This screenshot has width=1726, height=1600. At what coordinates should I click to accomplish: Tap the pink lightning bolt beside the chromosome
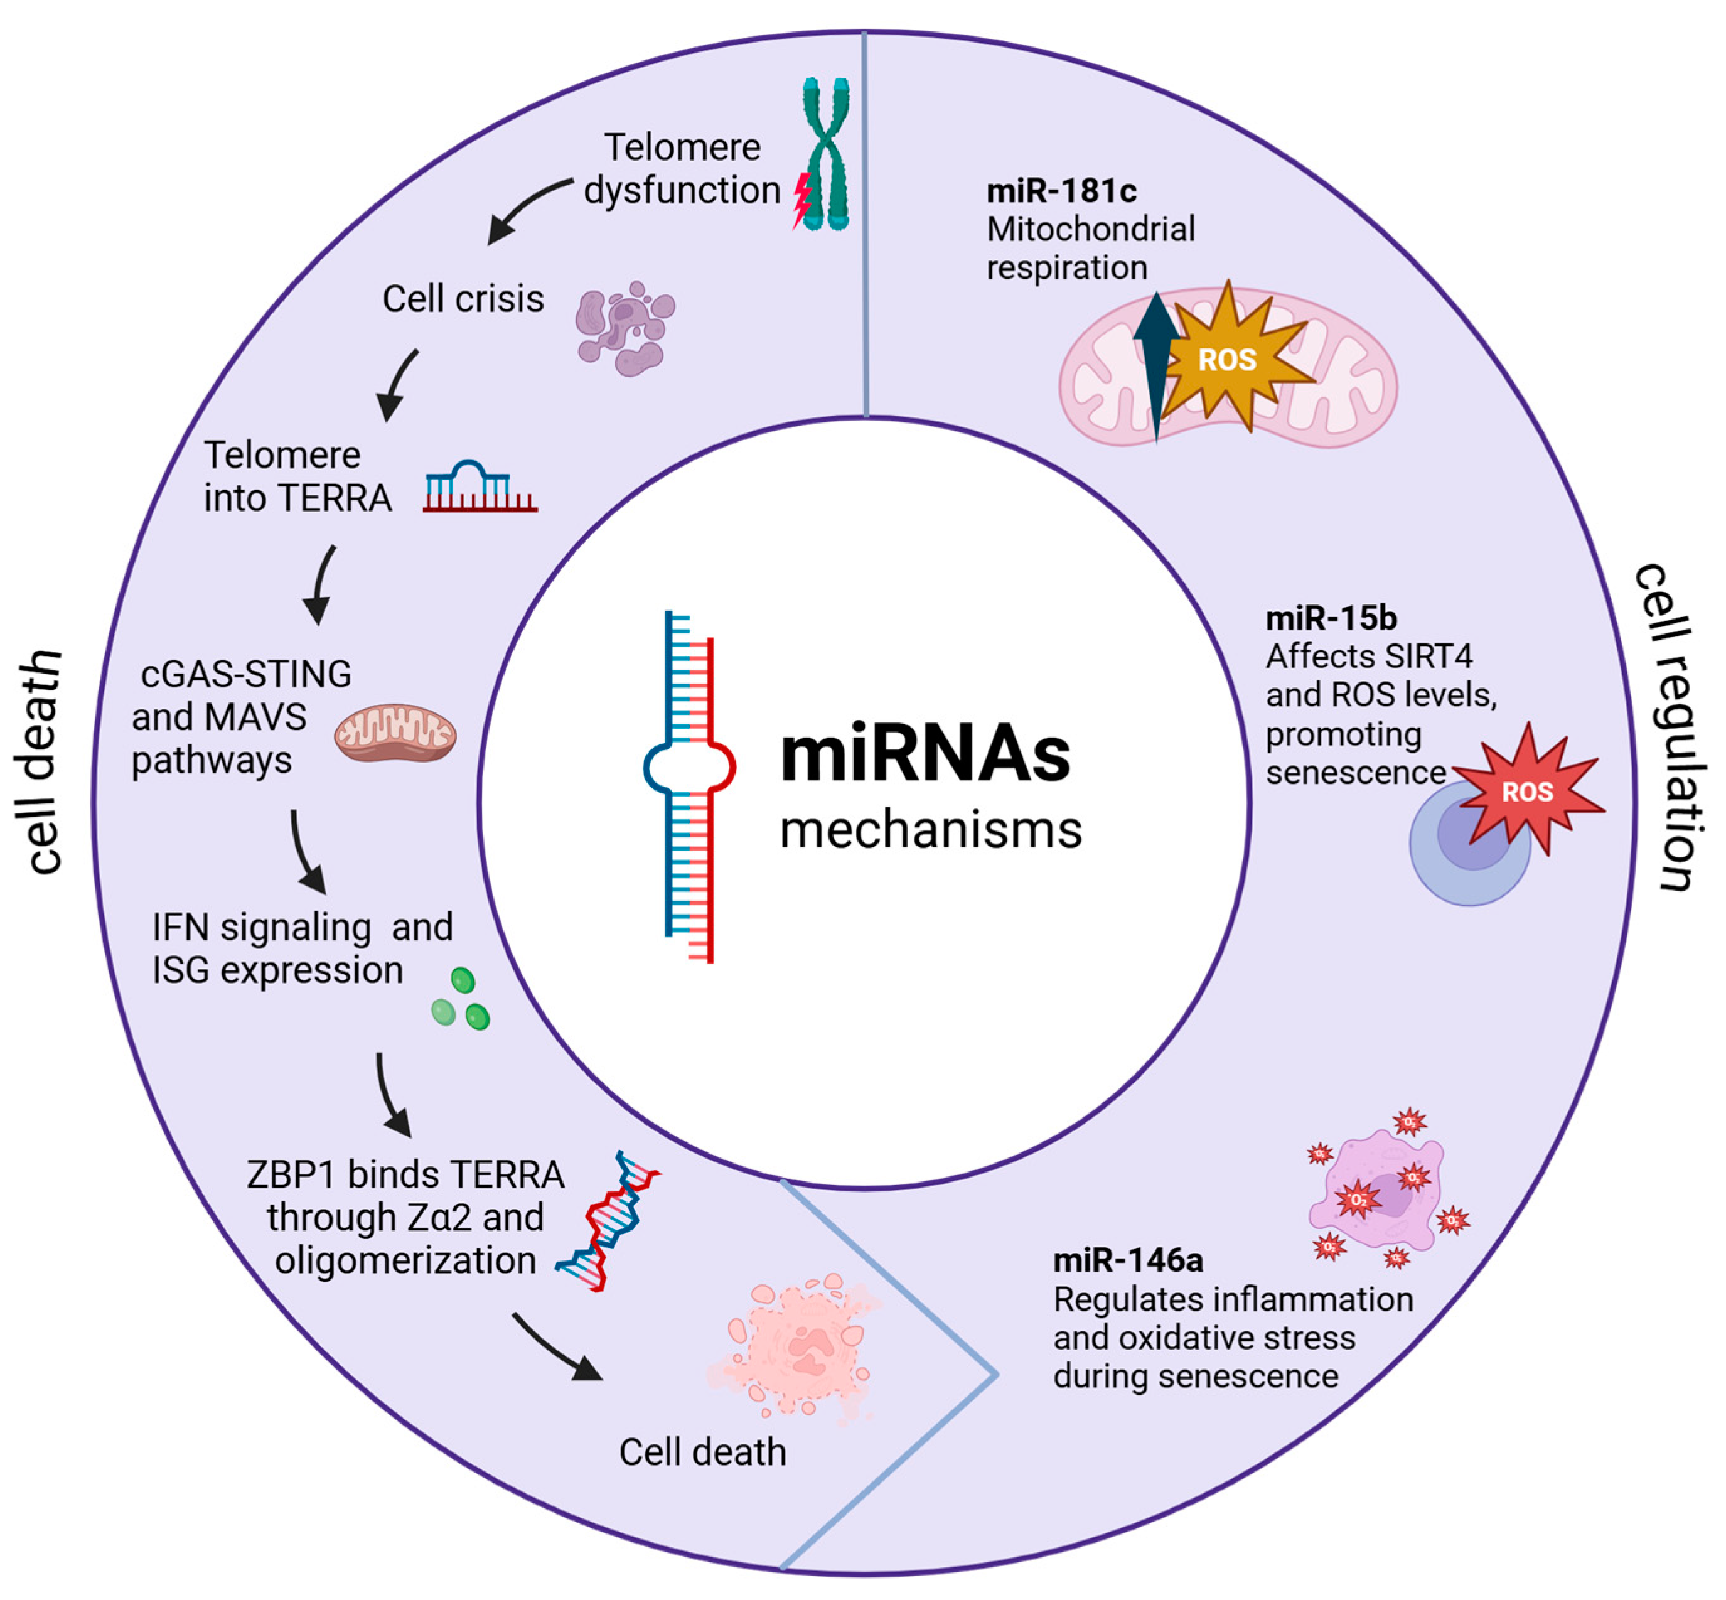[801, 199]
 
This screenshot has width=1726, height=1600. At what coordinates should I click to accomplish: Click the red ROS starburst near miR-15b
[1528, 790]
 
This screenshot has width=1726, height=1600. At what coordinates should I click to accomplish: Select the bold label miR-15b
[1331, 618]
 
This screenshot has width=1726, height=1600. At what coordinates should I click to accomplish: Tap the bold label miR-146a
[1127, 1260]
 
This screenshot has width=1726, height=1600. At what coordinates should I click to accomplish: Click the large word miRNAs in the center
[925, 755]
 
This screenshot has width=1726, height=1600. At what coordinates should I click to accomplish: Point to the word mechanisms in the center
[931, 829]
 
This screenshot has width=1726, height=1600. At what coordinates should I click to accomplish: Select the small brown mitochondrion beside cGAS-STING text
[395, 733]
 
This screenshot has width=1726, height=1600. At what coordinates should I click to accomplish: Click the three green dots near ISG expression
[461, 1000]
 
